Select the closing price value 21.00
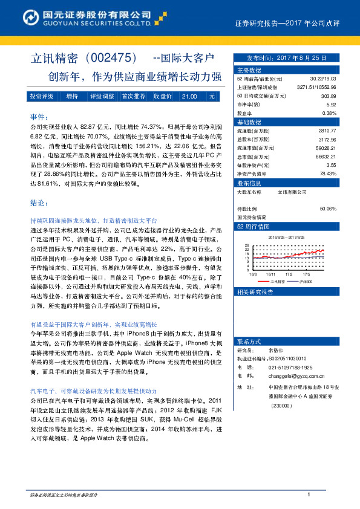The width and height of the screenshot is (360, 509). pos(189,96)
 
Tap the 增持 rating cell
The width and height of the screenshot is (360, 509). pos(72,96)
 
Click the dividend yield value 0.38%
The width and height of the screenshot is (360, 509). pos(329,113)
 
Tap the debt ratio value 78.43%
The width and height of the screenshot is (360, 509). pos(327,173)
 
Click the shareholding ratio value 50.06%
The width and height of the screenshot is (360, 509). pos(327,209)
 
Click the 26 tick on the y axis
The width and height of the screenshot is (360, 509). pos(247,246)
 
